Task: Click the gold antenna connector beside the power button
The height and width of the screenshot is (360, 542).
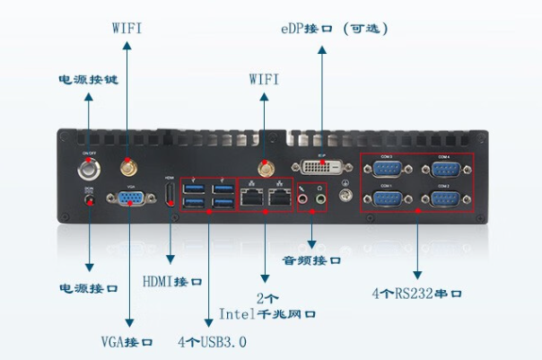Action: pyautogui.click(x=127, y=167)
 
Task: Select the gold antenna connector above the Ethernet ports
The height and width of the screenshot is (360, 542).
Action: pyautogui.click(x=267, y=168)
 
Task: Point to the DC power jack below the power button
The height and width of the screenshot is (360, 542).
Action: pyautogui.click(x=89, y=203)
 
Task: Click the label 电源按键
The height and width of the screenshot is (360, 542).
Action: pyautogui.click(x=88, y=79)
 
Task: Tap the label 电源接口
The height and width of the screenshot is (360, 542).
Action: pyautogui.click(x=88, y=289)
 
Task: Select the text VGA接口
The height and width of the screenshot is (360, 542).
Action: pyautogui.click(x=127, y=342)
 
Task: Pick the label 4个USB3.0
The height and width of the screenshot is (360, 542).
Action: pyautogui.click(x=212, y=342)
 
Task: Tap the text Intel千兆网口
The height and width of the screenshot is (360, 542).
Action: pyautogui.click(x=267, y=314)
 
